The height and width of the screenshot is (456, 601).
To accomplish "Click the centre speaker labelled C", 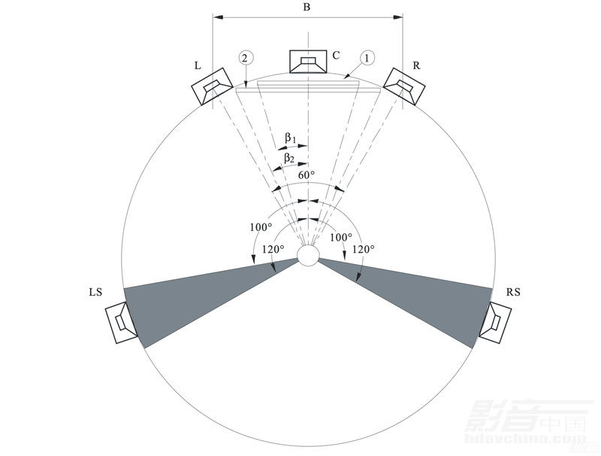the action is tap(308, 62).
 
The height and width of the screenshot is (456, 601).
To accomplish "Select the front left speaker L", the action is tap(212, 86).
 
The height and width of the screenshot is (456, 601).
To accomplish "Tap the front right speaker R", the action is tap(404, 86).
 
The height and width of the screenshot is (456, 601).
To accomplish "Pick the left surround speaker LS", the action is tap(121, 322).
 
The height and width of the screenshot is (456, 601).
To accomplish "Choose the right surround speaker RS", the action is tap(495, 322).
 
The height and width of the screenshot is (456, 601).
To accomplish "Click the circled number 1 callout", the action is tap(367, 58).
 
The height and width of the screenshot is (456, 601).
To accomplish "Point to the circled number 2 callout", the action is tap(246, 58).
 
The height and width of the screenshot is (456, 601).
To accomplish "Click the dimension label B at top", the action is tap(307, 7).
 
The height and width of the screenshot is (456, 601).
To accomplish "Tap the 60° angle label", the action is tap(307, 175).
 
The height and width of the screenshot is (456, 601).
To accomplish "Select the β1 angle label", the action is tap(290, 138).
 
